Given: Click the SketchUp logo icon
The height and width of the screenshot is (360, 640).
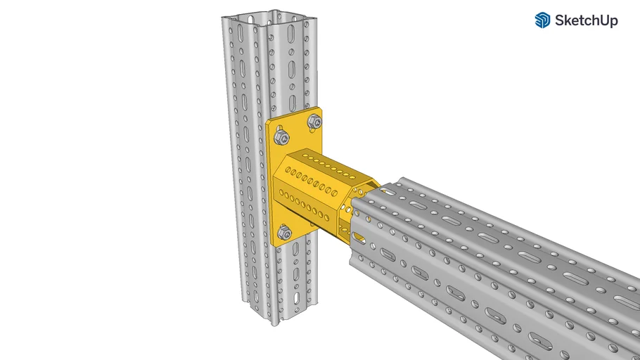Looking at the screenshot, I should (542, 20).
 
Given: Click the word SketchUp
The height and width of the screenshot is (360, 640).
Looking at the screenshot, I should (587, 21).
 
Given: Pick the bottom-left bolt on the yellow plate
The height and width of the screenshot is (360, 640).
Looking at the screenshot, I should (284, 233).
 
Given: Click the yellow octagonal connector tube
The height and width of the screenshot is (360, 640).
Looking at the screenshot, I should (316, 186).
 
